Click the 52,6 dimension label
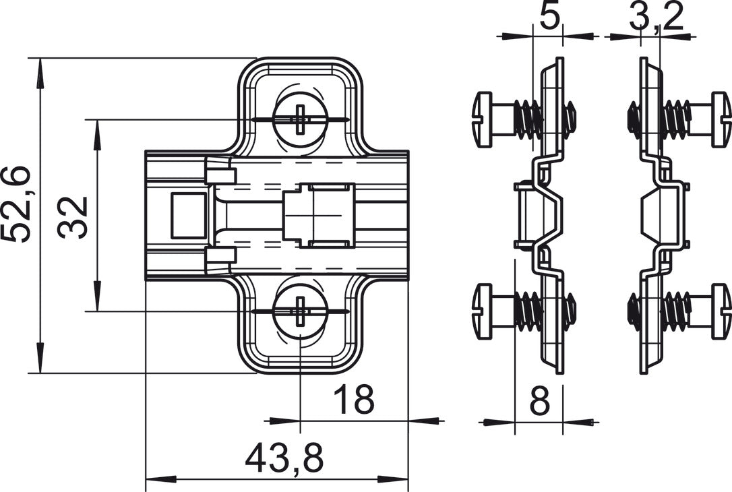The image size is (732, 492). [x=16, y=204]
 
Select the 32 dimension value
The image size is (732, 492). [x=73, y=217]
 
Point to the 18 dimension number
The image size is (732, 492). [x=354, y=400]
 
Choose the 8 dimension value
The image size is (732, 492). [x=539, y=402]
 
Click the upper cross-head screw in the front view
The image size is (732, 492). [x=300, y=120]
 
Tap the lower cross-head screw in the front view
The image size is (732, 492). [x=300, y=311]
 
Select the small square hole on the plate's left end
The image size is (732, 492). [x=188, y=216]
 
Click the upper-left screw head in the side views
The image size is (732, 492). [x=484, y=120]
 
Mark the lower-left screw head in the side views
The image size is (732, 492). [x=484, y=311]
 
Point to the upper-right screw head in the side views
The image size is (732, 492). [x=721, y=120]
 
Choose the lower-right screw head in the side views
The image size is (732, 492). [x=721, y=311]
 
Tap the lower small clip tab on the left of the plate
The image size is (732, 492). [x=220, y=255]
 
